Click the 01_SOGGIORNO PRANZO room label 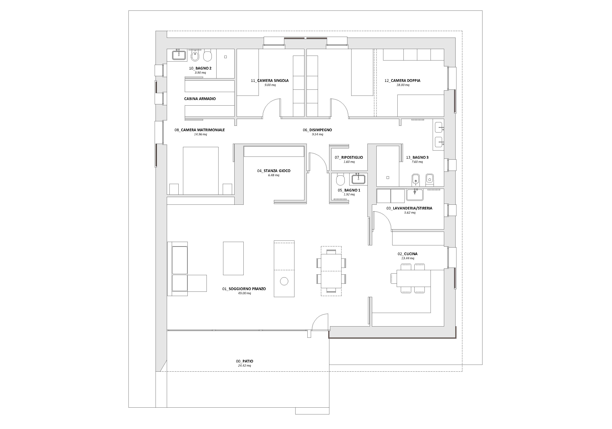(244, 289)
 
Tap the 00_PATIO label (245, 361)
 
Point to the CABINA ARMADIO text (200, 99)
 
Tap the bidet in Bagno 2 (195, 56)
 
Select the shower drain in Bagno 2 (225, 57)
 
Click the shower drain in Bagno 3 (388, 178)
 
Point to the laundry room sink (415, 195)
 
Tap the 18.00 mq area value (403, 85)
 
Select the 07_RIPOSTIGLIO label (349, 158)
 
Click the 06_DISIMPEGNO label (317, 130)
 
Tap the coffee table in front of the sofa (233, 258)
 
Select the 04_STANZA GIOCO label (274, 171)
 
